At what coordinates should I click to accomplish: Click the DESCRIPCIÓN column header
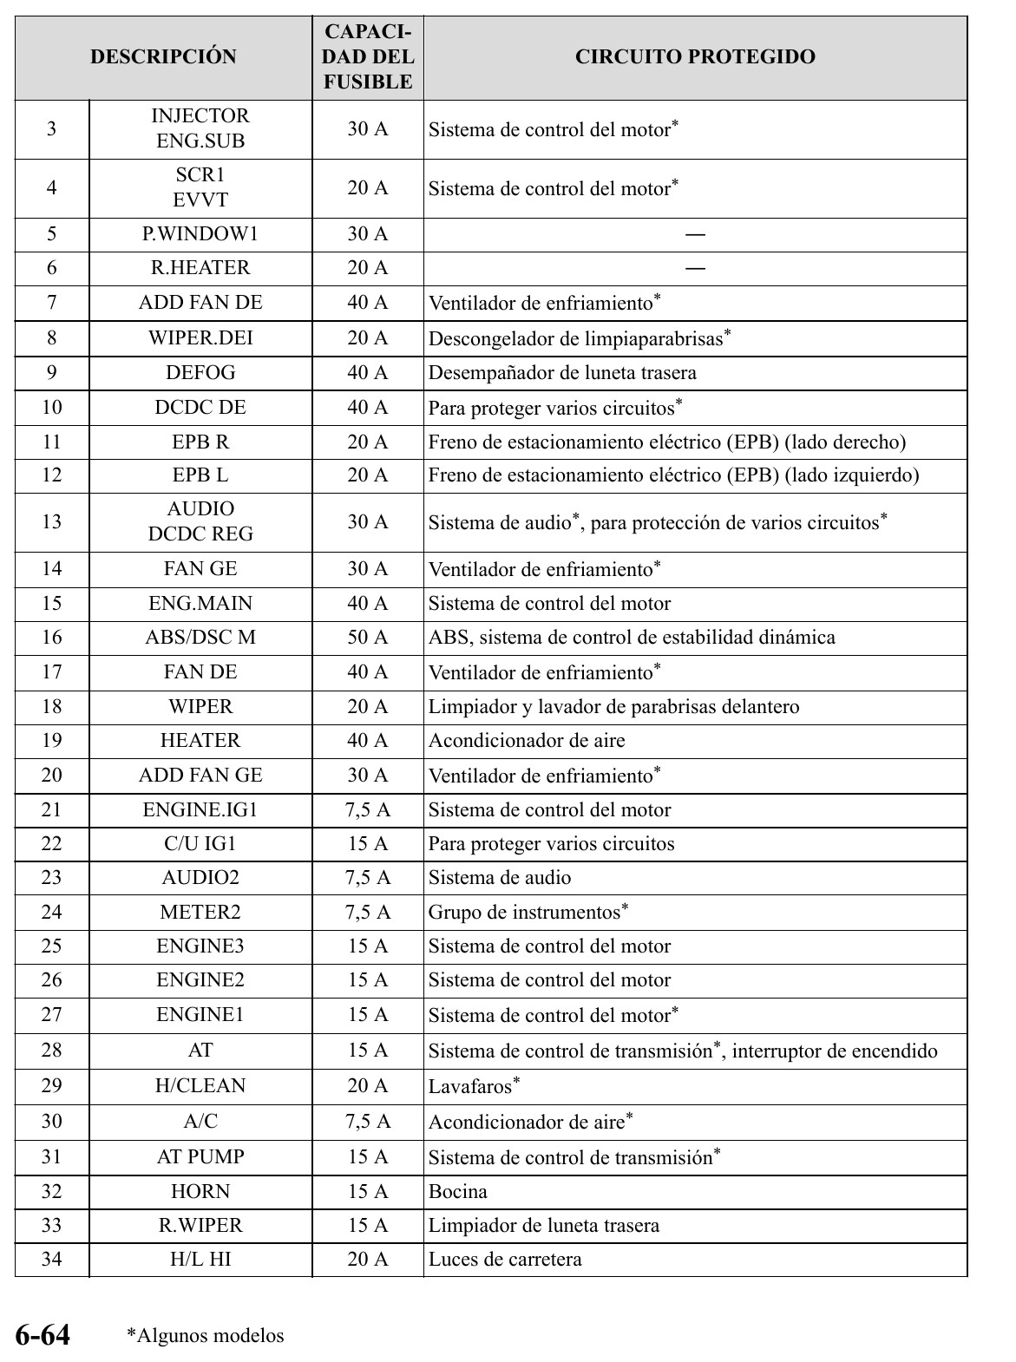pos(163,57)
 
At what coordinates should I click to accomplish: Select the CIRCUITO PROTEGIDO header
pos(695,57)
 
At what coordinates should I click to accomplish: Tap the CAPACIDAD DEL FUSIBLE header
pos(368,57)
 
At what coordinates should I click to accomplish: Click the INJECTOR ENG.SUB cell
pos(200,128)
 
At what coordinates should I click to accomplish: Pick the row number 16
pos(52,638)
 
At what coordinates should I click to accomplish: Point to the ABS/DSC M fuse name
pos(200,638)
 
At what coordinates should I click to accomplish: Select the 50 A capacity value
pos(368,638)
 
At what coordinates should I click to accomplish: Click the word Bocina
pos(458,1192)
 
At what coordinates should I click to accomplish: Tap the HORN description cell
pos(200,1192)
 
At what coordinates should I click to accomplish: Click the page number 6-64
pos(43,1334)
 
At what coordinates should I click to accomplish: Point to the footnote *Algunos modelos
pos(206,1336)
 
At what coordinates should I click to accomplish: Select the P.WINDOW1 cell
pos(200,234)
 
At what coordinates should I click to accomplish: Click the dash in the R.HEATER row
pos(695,268)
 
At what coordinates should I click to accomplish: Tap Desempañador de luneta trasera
pos(562,373)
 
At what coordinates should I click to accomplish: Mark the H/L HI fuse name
pos(200,1260)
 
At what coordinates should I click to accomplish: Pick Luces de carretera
pos(505,1260)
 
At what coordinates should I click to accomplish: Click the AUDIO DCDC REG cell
pos(200,521)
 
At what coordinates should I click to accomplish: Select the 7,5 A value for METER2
pos(368,913)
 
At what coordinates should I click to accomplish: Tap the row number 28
pos(52,1051)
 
